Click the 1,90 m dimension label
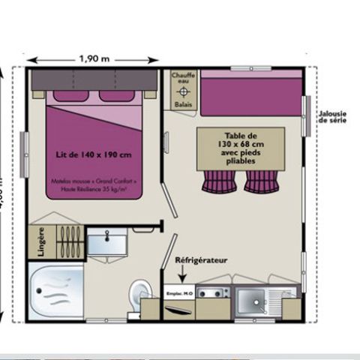93,57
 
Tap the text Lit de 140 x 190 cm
94,154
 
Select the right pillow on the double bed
114,96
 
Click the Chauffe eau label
183,79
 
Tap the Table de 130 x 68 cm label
240,146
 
